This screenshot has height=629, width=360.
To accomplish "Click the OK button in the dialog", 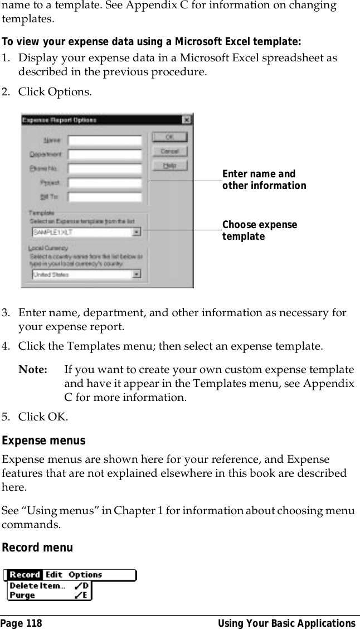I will [170, 137].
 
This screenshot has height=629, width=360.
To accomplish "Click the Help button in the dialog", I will [170, 166].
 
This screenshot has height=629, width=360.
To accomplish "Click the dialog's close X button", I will [186, 120].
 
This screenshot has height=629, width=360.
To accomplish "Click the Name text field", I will [104, 140].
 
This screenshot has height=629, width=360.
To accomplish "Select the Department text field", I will [104, 154].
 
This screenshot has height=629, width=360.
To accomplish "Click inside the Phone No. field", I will [104, 168].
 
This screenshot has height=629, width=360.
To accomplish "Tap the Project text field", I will [104, 182].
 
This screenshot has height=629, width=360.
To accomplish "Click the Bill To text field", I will [104, 197].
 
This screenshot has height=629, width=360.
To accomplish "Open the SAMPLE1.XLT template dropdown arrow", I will [137, 232].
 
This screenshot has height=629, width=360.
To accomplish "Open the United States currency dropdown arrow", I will [137, 274].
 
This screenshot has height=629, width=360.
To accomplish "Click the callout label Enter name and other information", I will [264, 180].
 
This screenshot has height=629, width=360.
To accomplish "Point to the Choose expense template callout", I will [259, 230].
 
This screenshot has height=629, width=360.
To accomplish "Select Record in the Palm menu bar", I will [25, 575].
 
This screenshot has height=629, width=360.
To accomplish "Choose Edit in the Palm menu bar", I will [54, 575].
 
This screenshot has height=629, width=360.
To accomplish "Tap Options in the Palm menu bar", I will [85, 575].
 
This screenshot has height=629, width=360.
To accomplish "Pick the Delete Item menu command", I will [37, 586].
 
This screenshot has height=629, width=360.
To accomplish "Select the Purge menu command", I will [22, 595].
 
